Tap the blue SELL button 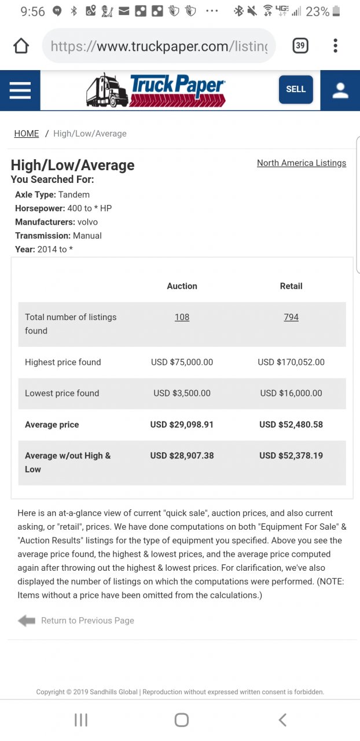[296, 89]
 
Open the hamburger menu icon [20, 90]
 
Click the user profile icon [340, 90]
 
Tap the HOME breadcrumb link [27, 134]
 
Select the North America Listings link [302, 163]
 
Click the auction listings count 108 [182, 317]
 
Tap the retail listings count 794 [291, 317]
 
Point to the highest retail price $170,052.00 [291, 362]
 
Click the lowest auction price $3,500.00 [182, 393]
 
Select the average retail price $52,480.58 [291, 424]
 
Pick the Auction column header [182, 286]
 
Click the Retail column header [291, 286]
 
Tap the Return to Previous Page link [87, 621]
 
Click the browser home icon [21, 46]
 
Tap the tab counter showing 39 [300, 46]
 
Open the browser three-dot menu [336, 46]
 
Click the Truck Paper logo [156, 90]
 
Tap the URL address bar [159, 46]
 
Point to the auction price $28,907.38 [182, 456]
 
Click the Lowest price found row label [62, 393]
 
